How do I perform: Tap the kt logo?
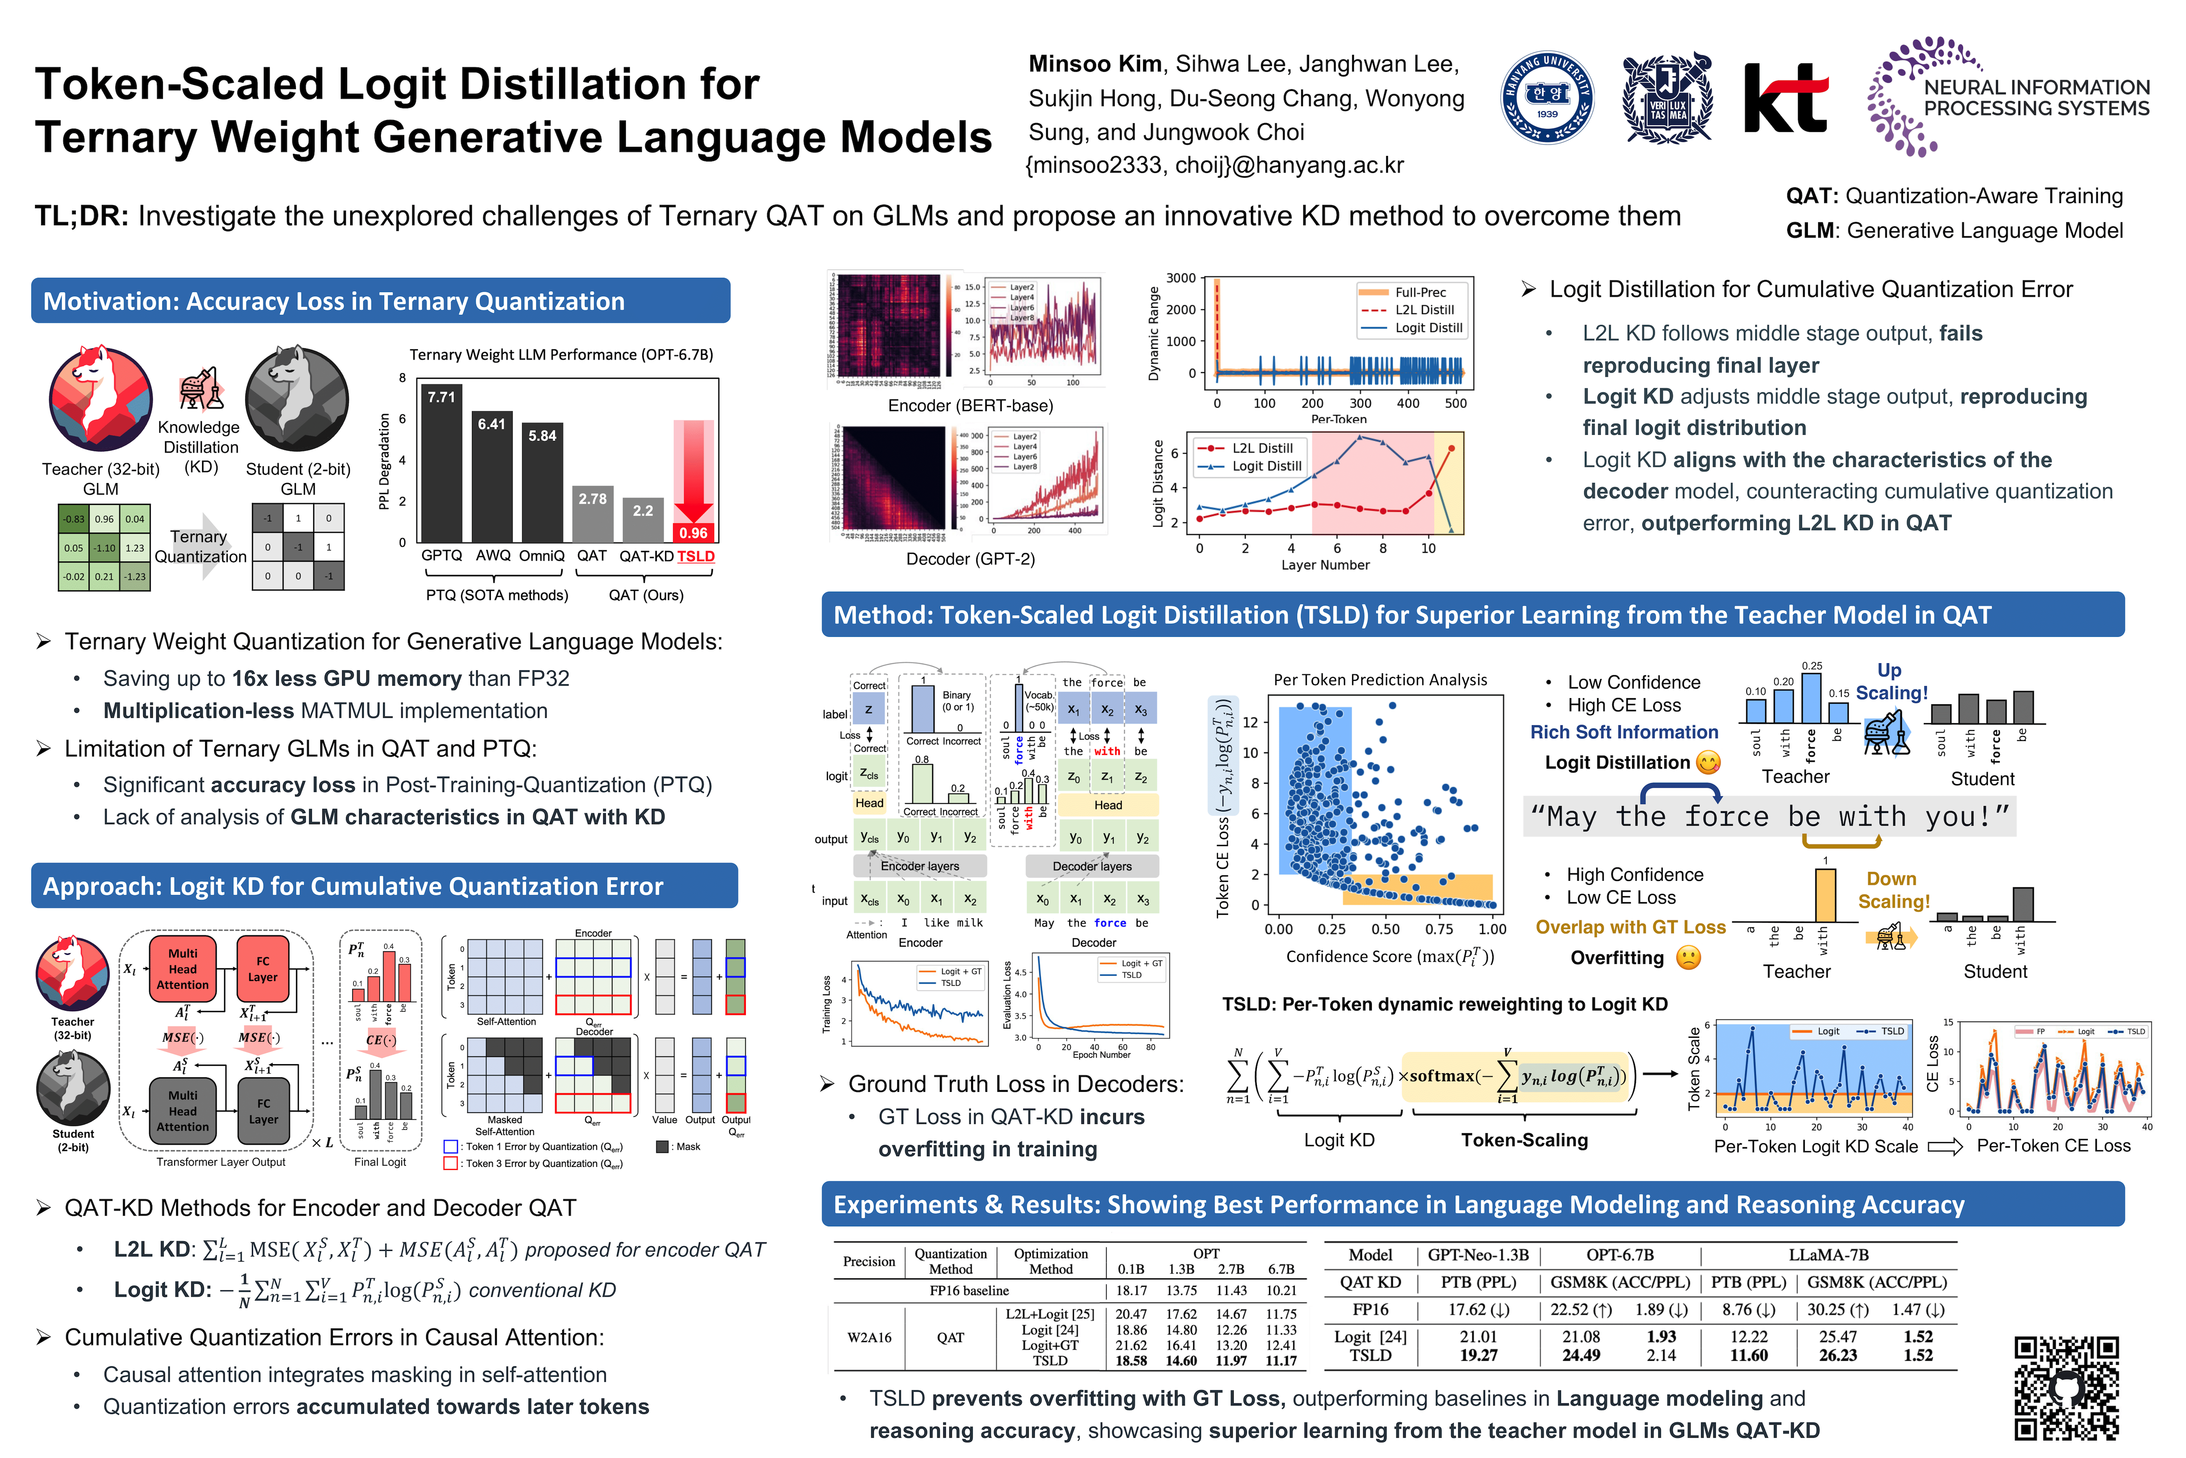1785,99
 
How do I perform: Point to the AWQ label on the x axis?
492,556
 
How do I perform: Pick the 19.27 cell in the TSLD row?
1478,1356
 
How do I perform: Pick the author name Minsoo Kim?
1094,64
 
